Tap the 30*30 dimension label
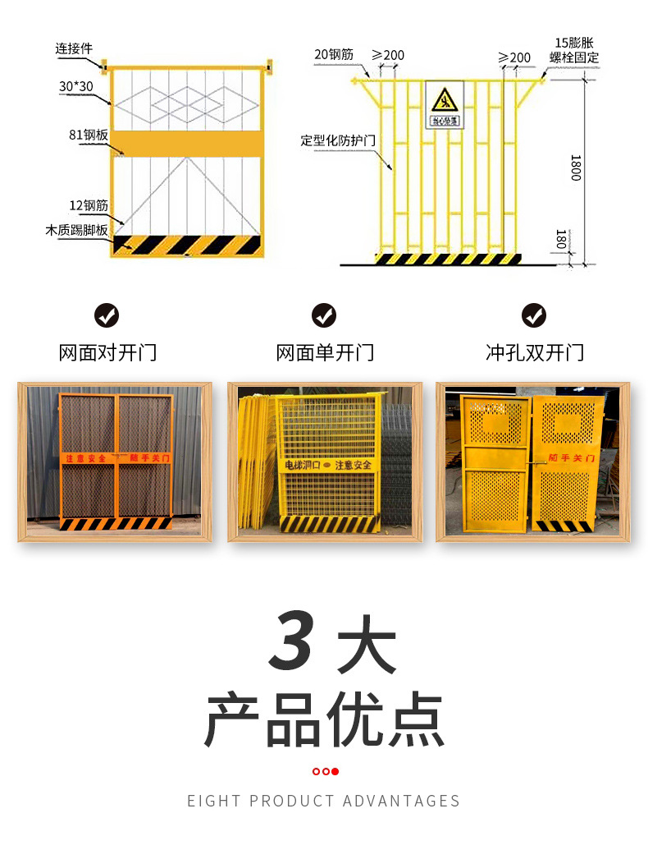tap(76, 86)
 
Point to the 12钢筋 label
tap(88, 205)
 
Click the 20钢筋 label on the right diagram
tap(333, 54)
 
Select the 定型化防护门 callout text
tap(337, 140)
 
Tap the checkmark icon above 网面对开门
tap(107, 315)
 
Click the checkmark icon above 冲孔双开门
tap(534, 315)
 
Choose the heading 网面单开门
tap(325, 353)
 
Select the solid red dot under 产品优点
tap(335, 771)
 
